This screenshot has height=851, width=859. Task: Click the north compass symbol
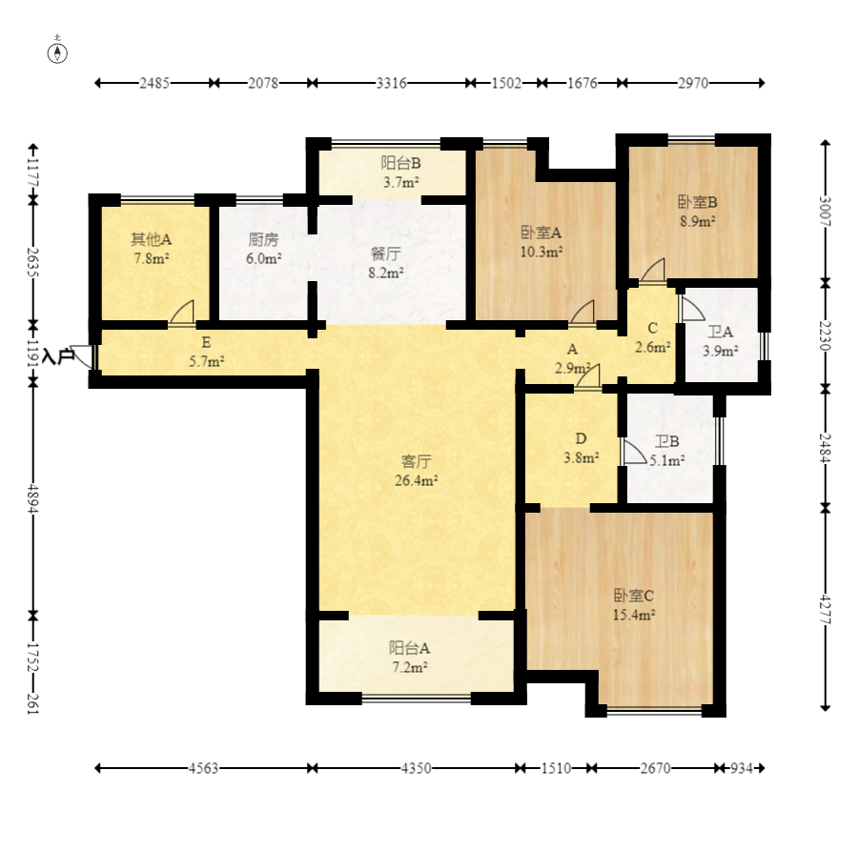57,52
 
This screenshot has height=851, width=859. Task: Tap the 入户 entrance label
58,356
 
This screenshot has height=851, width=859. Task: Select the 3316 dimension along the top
391,83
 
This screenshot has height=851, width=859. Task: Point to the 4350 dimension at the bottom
416,768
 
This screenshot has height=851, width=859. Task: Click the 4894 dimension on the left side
32,499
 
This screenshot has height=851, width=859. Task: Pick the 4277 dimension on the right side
825,611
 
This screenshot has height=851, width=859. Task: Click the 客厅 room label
416,461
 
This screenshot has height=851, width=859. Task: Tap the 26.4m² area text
417,481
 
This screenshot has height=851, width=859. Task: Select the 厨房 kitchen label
263,239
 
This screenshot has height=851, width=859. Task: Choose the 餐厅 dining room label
386,253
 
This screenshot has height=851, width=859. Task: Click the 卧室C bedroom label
634,596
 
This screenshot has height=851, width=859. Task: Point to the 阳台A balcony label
409,648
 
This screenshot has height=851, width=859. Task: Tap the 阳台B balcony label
401,163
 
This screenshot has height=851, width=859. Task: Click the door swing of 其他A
182,313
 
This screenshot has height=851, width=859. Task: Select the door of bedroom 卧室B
652,271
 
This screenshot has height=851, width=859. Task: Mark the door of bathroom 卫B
634,452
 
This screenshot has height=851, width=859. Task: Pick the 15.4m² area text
634,615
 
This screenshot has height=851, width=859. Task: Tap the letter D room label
581,438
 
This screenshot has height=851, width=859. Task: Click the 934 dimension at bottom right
741,768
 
